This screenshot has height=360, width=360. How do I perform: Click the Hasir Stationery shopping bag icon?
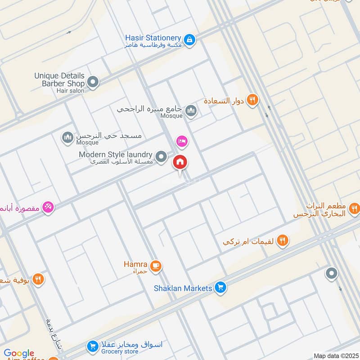[x=190, y=40]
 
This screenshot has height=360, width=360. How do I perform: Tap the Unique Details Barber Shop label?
[x=59, y=80]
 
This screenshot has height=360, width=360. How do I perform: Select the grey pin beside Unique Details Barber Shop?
[x=93, y=82]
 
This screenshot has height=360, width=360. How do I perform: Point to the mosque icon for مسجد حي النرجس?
[x=67, y=137]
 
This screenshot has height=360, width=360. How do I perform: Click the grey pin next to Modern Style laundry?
[x=161, y=157]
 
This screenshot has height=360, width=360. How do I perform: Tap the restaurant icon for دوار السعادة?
[x=252, y=100]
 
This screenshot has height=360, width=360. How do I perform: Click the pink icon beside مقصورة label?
[x=48, y=207]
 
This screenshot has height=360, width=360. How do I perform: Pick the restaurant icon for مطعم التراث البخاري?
[x=355, y=208]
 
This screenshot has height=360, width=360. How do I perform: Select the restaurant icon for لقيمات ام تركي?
[x=282, y=241]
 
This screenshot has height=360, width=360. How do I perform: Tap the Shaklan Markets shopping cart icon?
[x=220, y=287]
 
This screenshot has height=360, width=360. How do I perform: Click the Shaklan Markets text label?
[x=182, y=288]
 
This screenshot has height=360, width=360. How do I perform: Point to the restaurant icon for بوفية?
[x=38, y=279]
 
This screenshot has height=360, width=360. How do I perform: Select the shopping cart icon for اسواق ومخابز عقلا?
[x=93, y=346]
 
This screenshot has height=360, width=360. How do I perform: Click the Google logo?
[x=19, y=353]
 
